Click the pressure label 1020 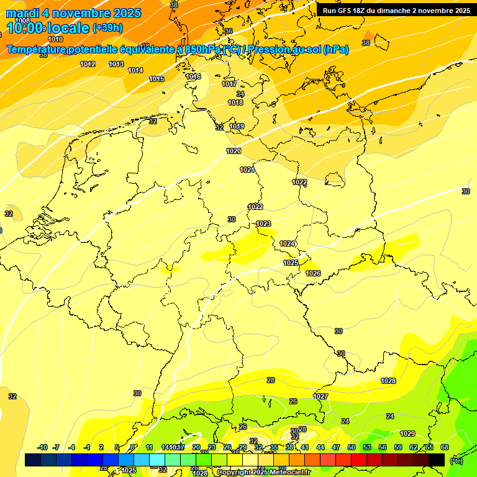[x=234, y=152]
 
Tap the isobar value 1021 [x=247, y=170]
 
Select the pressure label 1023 [x=263, y=224]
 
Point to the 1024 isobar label [x=287, y=244]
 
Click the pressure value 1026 [x=313, y=274]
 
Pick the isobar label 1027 [x=320, y=396]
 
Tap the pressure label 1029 [x=407, y=434]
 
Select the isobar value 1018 [x=235, y=103]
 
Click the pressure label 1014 [x=135, y=70]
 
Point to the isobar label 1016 [x=193, y=77]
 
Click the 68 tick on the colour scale [x=445, y=447]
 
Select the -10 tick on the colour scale [x=43, y=447]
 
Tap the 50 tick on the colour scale [x=352, y=447]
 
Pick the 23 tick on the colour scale [x=212, y=447]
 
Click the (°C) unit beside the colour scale [x=456, y=461]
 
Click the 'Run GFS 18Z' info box [x=396, y=11]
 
